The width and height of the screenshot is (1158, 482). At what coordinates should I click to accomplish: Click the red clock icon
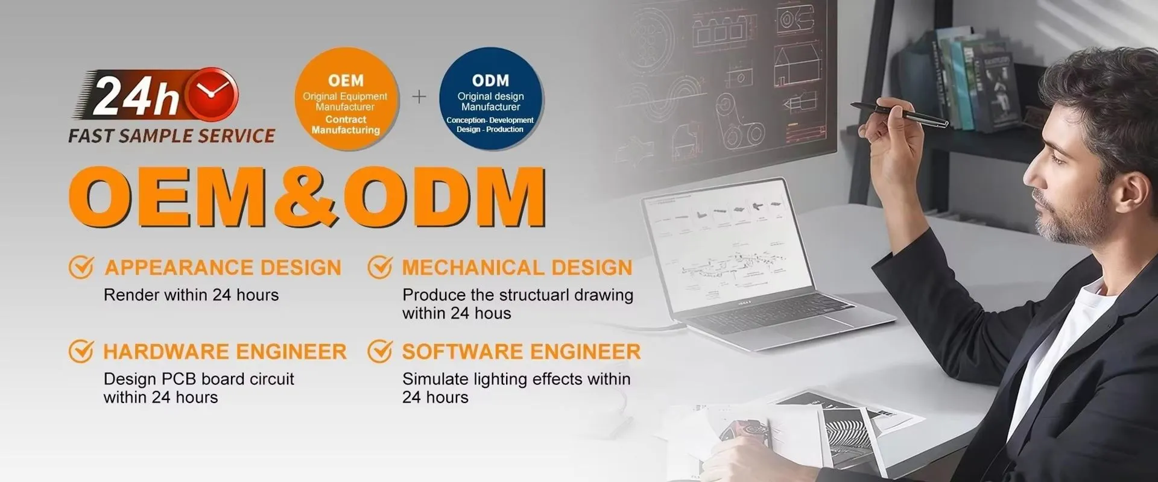point(211,95)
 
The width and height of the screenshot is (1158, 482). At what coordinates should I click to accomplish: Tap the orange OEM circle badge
point(346,99)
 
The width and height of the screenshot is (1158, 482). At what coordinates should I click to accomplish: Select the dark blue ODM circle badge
point(490,99)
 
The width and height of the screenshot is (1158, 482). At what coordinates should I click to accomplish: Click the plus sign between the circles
point(419,96)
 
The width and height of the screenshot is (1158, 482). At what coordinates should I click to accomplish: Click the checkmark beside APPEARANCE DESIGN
point(81,267)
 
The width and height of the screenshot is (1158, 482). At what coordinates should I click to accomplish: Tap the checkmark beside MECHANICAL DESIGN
point(380,267)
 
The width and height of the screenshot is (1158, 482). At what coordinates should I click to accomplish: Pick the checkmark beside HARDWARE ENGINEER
point(81,351)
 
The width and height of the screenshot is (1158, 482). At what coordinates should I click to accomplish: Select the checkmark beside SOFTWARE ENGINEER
point(380,351)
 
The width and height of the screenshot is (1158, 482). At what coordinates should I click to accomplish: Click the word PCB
point(179,379)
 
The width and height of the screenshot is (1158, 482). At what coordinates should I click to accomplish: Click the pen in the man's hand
point(899,114)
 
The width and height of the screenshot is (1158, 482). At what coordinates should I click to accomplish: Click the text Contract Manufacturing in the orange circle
point(346,125)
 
